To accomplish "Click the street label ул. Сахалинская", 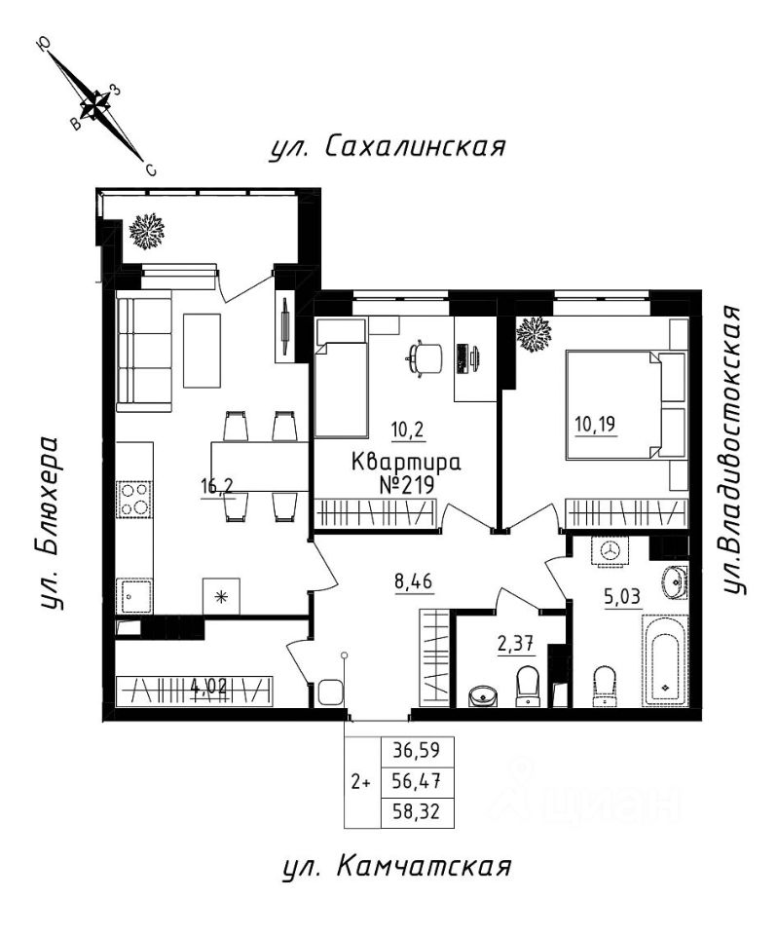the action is pyautogui.click(x=387, y=146).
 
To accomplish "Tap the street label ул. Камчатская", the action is pyautogui.click(x=396, y=867).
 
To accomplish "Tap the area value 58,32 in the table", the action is pyautogui.click(x=417, y=812).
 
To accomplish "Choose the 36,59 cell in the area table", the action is pyautogui.click(x=417, y=750).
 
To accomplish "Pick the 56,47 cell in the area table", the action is pyautogui.click(x=417, y=780).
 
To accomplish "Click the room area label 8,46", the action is pyautogui.click(x=413, y=580).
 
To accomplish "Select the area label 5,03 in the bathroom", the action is pyautogui.click(x=623, y=597).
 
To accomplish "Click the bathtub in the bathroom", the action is pyautogui.click(x=665, y=660).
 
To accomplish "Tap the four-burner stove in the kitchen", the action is pyautogui.click(x=134, y=499).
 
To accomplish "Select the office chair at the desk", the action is pyautogui.click(x=424, y=358).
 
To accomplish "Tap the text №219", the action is pyautogui.click(x=407, y=485).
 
